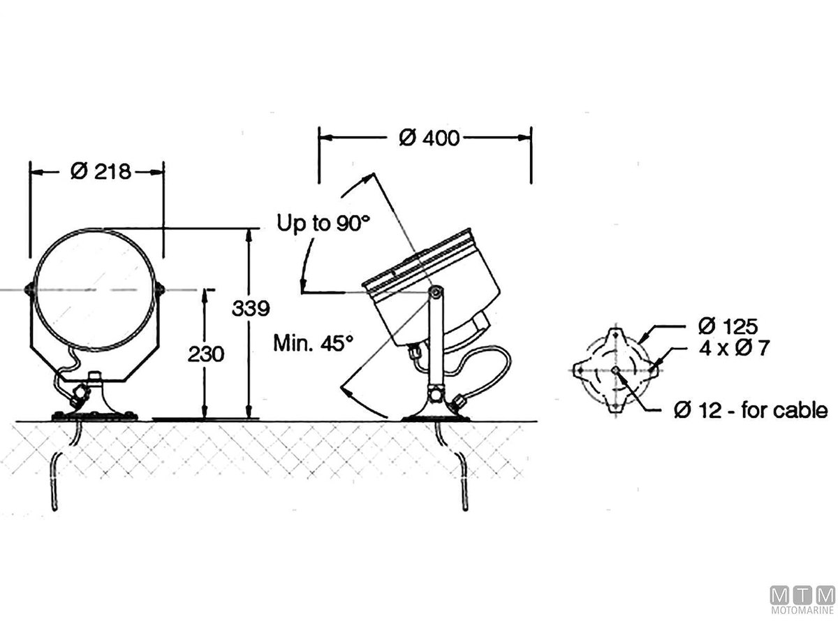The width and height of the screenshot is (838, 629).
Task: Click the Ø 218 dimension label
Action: pyautogui.click(x=101, y=171)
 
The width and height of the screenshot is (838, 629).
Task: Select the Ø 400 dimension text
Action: pyautogui.click(x=429, y=138)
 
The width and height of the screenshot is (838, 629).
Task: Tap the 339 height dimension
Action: pyautogui.click(x=251, y=308)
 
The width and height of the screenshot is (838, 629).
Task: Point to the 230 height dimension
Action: pyautogui.click(x=205, y=354)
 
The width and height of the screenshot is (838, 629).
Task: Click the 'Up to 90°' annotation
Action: pyautogui.click(x=323, y=224)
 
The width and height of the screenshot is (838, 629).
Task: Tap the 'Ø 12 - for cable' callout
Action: pyautogui.click(x=751, y=410)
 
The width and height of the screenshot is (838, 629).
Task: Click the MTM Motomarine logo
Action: pyautogui.click(x=802, y=600)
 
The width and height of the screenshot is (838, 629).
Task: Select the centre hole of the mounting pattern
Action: pyautogui.click(x=615, y=370)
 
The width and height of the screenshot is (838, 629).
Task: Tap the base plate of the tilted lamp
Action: pyautogui.click(x=435, y=417)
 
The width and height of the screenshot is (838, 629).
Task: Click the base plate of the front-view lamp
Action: pyautogui.click(x=94, y=417)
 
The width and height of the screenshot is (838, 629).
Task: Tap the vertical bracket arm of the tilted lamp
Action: pyautogui.click(x=435, y=342)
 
